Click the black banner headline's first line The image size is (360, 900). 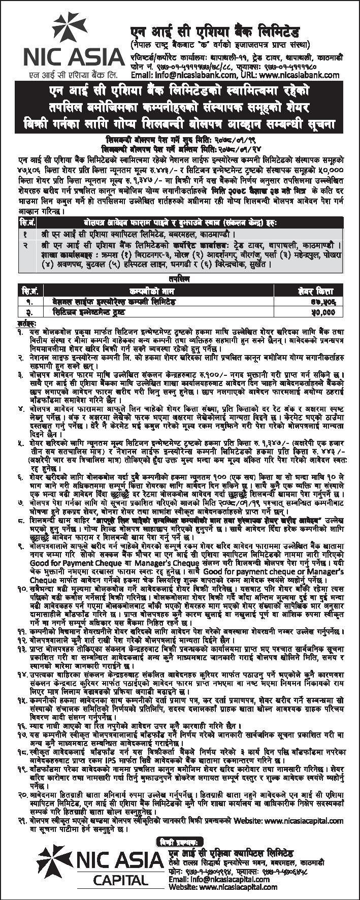180,93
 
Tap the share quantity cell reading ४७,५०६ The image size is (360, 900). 322,302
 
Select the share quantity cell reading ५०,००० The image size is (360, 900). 322,311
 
